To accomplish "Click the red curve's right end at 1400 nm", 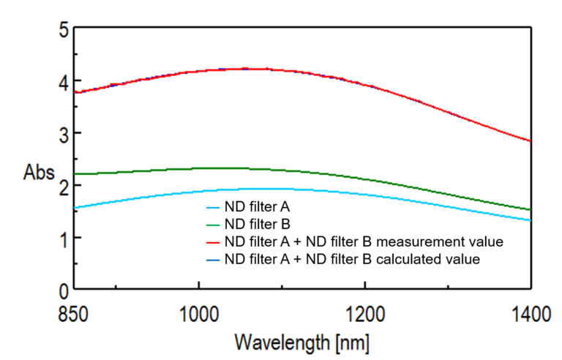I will click(x=530, y=141).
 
